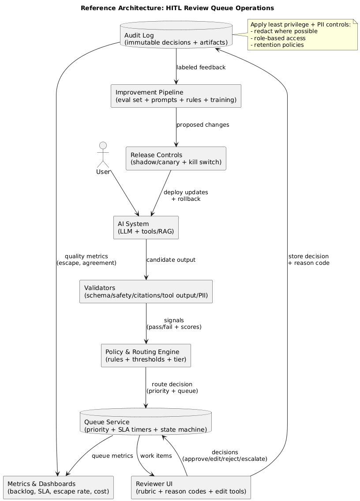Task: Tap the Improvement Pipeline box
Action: [x=176, y=96]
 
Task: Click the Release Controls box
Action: [x=176, y=158]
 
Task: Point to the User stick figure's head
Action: [x=103, y=147]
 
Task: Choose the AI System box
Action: [x=146, y=227]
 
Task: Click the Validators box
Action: [x=146, y=292]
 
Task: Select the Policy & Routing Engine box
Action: [x=146, y=356]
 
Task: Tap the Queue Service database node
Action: [x=146, y=422]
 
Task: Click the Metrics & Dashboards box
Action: [x=58, y=487]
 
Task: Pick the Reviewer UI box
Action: [x=191, y=487]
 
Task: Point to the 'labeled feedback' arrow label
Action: [x=201, y=68]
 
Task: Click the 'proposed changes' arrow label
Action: [x=202, y=125]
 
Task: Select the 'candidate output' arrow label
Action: [x=171, y=260]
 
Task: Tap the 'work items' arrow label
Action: [x=156, y=456]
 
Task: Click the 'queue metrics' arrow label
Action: [x=112, y=456]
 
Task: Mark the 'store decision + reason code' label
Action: [x=308, y=260]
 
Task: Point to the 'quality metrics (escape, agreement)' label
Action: [x=86, y=260]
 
